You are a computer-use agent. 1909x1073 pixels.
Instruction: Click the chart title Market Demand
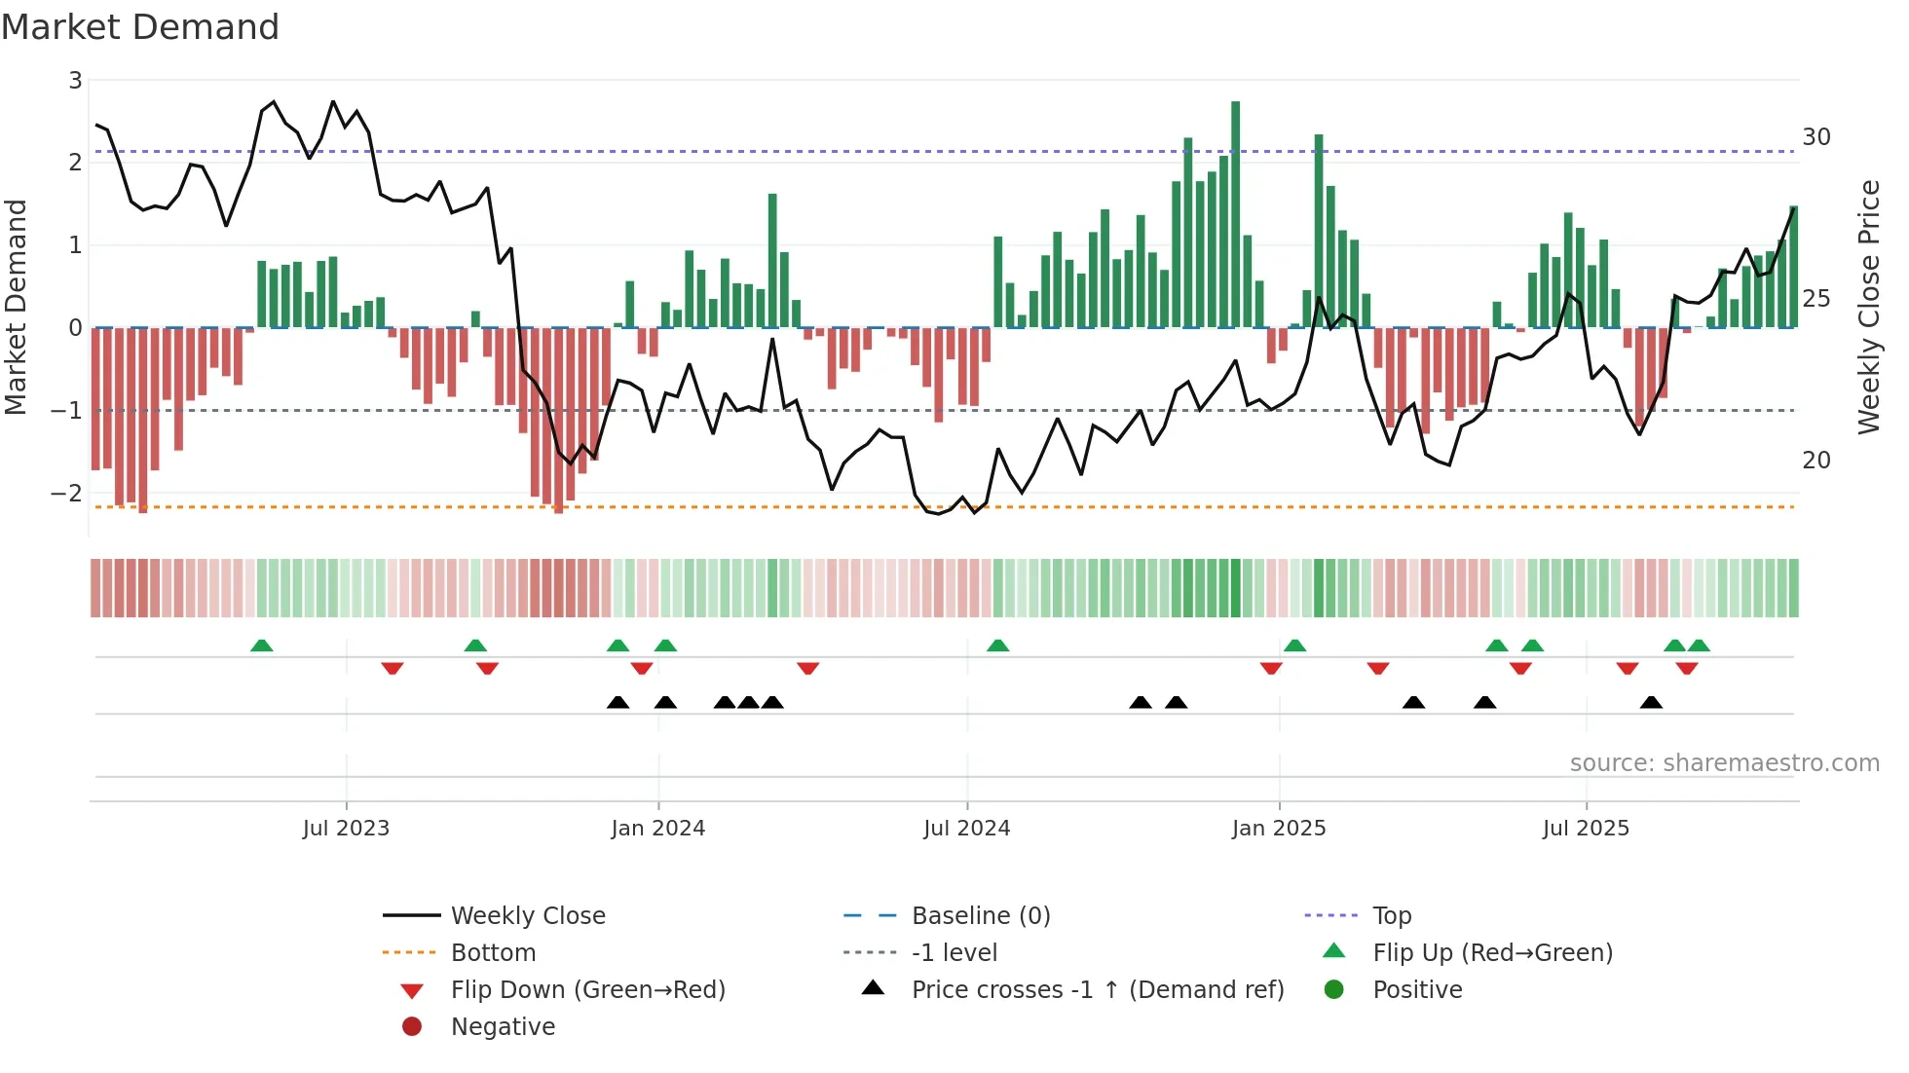140,27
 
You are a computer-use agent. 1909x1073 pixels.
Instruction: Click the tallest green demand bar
1235,214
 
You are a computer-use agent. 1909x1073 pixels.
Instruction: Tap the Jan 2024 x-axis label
657,829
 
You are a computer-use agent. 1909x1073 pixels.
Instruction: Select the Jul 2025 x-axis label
1585,829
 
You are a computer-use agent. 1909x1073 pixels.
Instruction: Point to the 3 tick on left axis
75,81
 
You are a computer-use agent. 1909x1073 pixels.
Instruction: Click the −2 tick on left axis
67,494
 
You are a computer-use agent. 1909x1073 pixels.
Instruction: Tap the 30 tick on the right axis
1815,137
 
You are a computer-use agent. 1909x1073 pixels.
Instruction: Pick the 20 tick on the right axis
1815,461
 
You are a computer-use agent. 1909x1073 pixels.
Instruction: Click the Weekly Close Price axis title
1868,307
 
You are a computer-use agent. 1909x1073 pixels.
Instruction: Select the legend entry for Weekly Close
527,916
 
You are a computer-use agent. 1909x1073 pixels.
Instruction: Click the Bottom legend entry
493,953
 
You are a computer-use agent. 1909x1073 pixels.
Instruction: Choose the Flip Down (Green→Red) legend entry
587,990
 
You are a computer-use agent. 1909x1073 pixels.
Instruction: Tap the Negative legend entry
503,1027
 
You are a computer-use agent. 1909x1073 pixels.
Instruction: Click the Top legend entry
1391,916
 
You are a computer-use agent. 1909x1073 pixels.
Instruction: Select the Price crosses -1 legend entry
1097,990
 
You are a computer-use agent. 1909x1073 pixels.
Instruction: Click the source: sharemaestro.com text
1724,763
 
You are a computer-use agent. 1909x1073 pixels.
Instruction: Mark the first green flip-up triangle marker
261,646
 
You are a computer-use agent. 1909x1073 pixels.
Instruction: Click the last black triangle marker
1650,702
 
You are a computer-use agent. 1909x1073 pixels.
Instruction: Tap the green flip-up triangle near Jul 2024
997,646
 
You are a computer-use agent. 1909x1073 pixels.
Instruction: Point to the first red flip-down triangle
393,668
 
